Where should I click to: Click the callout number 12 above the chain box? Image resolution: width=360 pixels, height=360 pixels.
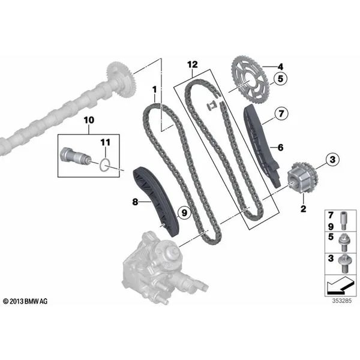[193, 65]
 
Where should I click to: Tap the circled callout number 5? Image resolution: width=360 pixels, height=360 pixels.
[280, 79]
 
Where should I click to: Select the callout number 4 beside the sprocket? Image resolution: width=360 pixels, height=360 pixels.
[280, 67]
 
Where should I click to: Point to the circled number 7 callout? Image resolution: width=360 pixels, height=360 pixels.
[281, 113]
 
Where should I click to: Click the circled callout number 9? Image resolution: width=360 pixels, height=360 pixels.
[184, 212]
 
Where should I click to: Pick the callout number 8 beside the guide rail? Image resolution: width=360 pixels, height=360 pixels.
[135, 202]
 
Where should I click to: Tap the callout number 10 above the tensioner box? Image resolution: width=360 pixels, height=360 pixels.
[89, 120]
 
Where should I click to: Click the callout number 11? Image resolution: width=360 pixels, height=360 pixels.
[106, 142]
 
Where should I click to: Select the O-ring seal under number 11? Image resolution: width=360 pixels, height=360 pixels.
[105, 165]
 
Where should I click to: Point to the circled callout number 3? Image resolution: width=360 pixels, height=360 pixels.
[332, 160]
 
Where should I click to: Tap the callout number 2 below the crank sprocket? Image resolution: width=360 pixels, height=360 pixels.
[303, 209]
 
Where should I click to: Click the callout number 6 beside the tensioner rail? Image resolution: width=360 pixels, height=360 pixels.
[281, 148]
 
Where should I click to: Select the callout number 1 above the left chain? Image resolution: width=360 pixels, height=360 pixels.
[155, 90]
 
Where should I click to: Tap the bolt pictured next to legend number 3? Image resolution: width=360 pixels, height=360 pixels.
[344, 264]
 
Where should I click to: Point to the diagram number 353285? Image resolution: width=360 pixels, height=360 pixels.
[341, 301]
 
